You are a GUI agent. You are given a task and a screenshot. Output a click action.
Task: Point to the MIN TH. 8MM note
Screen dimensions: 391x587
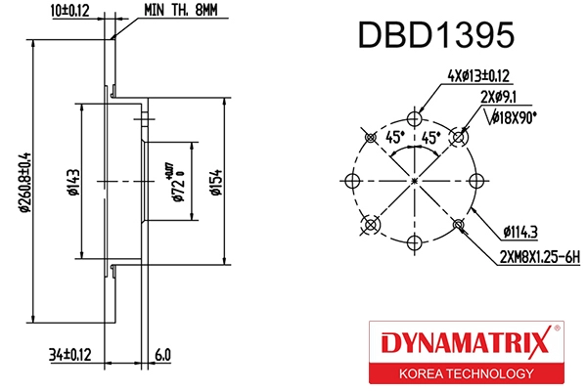coord(182,11)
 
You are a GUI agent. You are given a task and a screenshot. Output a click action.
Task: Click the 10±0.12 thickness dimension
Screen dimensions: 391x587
coord(68,11)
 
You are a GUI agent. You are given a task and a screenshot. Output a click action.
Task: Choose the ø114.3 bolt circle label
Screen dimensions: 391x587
coord(521,231)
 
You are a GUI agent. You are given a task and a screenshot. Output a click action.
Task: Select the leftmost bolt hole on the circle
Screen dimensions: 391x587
coord(354,181)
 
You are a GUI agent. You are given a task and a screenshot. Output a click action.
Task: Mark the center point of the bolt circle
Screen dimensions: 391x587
coord(416,181)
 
